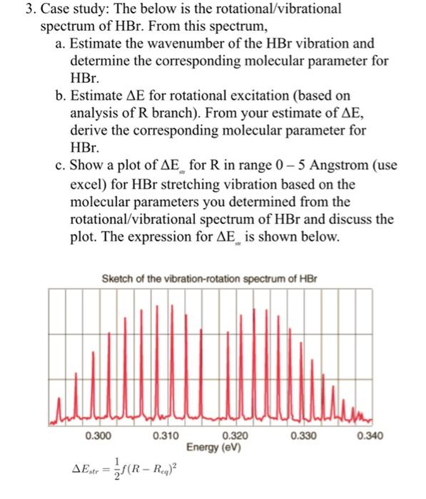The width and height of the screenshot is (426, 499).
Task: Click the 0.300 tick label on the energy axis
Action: pos(98,435)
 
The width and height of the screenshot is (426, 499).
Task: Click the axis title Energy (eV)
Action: pos(214,447)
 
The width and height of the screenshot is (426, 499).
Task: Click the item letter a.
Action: pos(59,43)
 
